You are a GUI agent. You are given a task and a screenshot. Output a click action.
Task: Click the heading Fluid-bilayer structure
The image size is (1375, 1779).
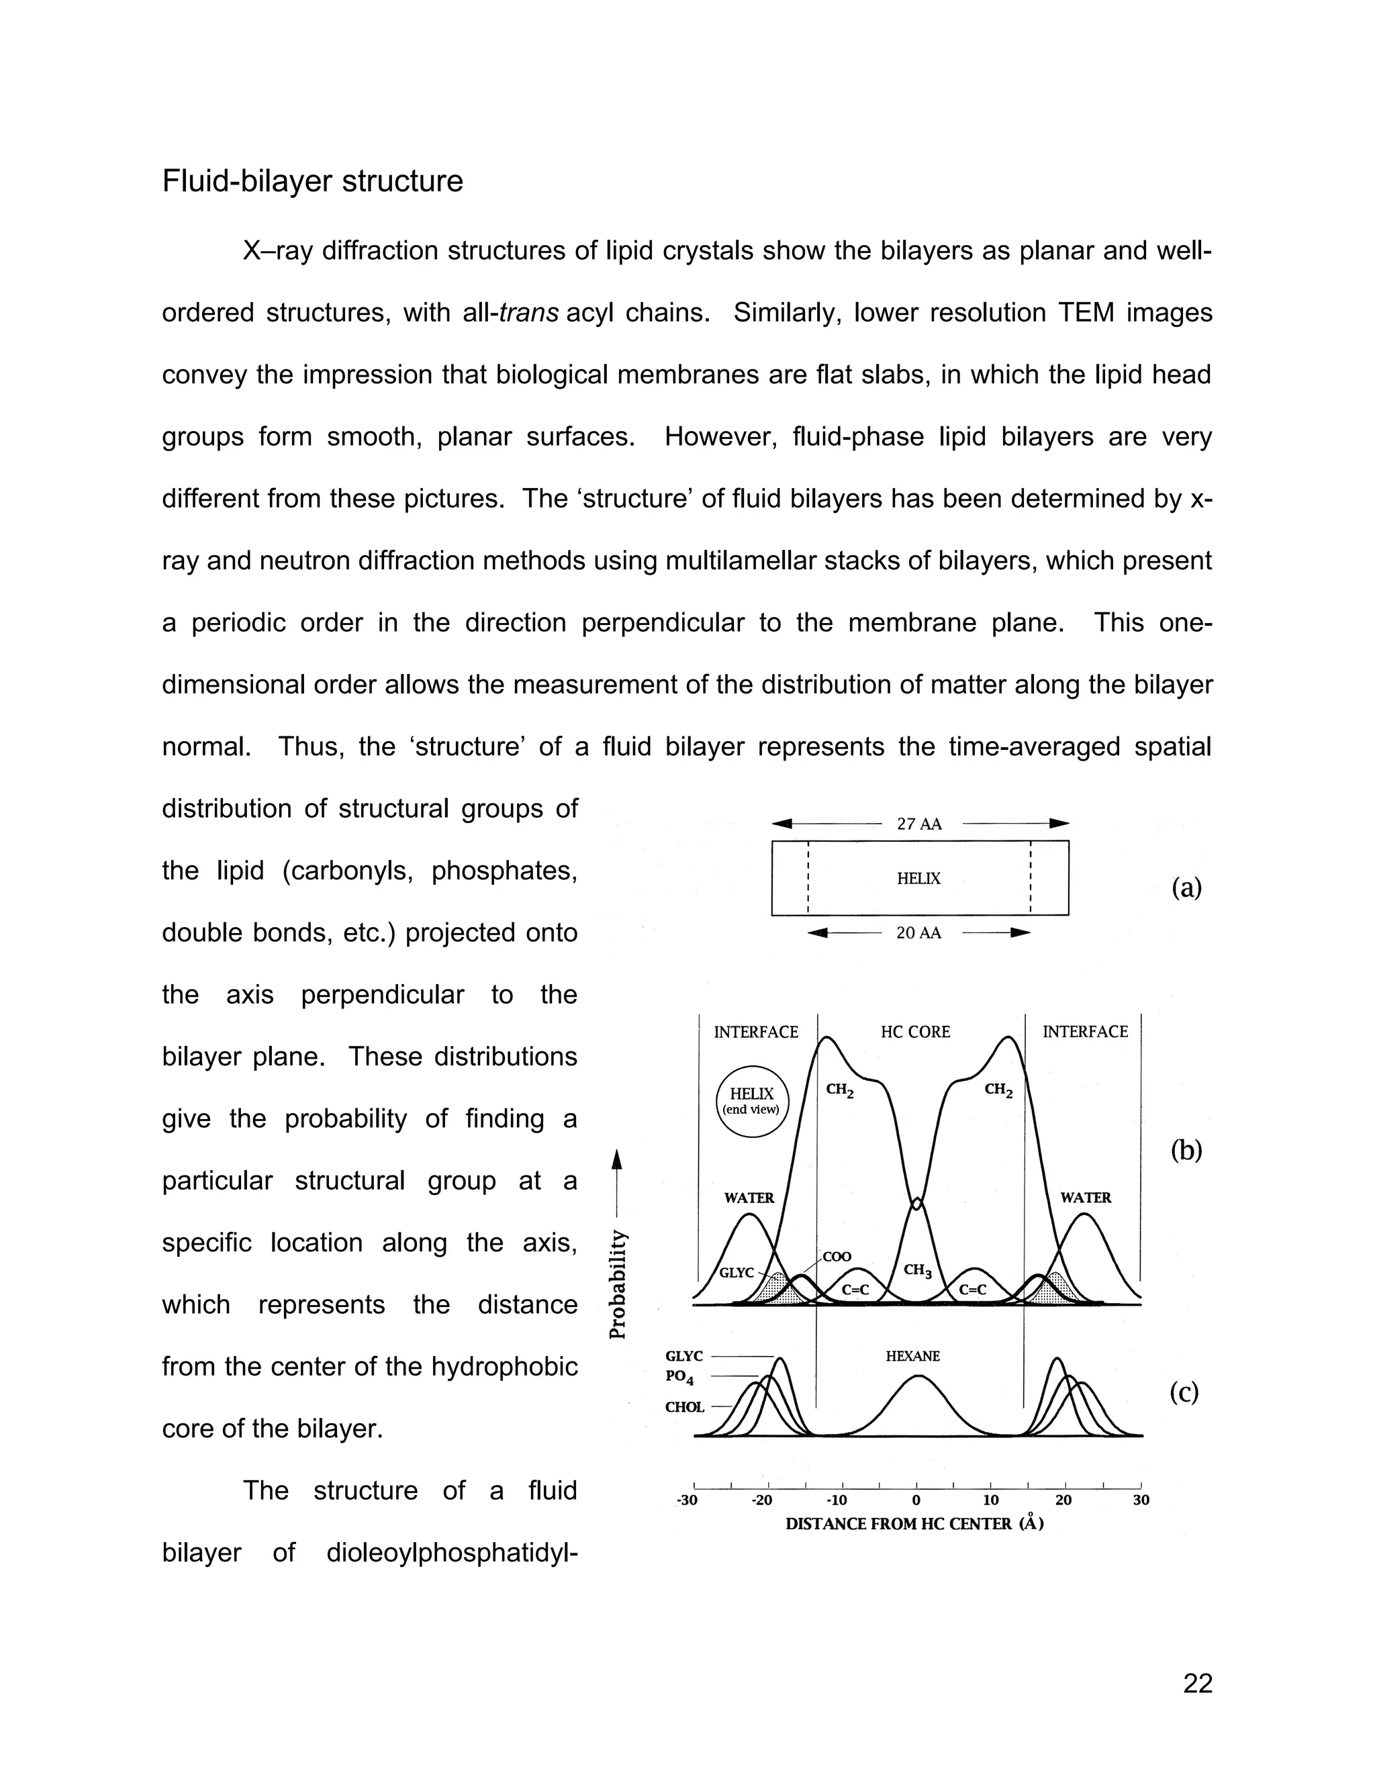312,181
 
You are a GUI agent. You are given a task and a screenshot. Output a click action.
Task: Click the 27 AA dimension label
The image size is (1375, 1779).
919,824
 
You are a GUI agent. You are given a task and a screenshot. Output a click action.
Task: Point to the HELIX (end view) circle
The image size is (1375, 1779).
752,1101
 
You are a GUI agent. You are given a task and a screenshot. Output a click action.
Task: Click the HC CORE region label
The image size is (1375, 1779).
915,1032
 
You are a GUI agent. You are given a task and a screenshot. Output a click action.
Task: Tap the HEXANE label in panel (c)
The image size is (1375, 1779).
912,1355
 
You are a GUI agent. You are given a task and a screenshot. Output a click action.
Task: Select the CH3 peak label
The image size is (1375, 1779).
917,1271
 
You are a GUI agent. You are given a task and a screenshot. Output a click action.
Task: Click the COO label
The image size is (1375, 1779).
837,1257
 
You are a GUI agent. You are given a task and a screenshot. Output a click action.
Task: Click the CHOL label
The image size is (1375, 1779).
684,1406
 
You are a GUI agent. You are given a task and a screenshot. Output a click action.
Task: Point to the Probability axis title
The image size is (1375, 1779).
618,1283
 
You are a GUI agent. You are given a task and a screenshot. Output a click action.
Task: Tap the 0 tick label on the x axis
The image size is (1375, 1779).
916,1500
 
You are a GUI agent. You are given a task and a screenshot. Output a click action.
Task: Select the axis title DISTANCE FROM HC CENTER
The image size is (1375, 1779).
914,1524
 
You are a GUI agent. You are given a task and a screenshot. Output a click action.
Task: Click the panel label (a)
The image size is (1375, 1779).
1186,886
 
